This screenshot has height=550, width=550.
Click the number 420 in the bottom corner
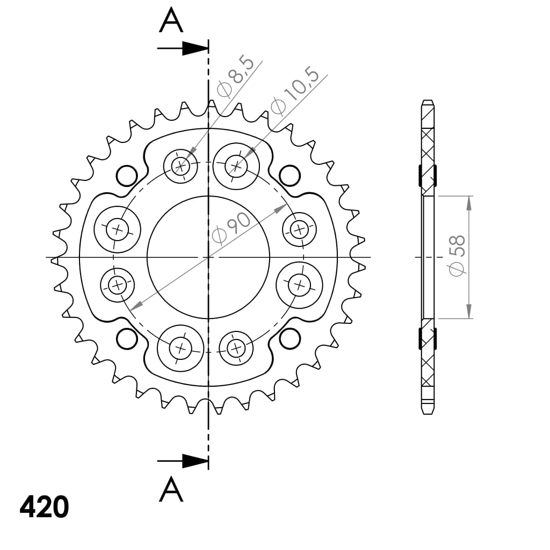[x=44, y=507]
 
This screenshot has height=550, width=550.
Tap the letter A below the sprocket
[x=171, y=489]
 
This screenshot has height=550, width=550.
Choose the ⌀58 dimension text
[x=457, y=255]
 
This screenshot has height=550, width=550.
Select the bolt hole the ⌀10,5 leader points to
[x=236, y=165]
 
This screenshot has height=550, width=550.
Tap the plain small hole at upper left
[x=127, y=175]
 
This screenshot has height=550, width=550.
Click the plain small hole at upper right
[x=289, y=175]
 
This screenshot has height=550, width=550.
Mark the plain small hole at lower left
[x=127, y=339]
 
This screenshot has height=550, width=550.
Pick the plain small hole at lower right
[x=289, y=338]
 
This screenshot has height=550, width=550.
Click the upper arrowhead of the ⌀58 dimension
[x=469, y=203]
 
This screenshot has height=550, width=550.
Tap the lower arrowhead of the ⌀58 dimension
[x=469, y=311]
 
